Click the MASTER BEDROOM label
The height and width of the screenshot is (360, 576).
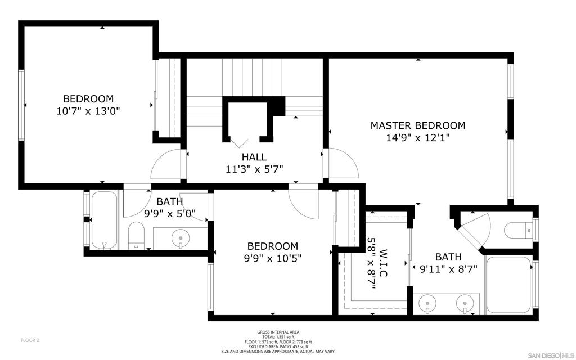(418, 125)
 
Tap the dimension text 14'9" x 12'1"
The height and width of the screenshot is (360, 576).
(418, 138)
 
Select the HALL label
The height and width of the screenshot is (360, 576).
(254, 157)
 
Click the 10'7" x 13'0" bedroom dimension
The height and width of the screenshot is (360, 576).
(88, 111)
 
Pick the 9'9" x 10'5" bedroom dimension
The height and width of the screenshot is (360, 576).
(273, 259)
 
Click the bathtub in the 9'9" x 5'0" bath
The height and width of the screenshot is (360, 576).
(104, 220)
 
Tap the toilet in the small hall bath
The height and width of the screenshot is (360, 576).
(136, 236)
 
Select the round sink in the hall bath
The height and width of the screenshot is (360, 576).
(180, 237)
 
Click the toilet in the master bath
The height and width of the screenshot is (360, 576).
(518, 230)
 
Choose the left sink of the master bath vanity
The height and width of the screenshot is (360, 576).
(427, 304)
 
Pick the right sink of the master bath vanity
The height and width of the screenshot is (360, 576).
(465, 304)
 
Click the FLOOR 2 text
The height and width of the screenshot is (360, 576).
(30, 340)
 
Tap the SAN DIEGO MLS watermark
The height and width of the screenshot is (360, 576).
(551, 355)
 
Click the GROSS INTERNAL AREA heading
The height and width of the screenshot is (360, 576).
(278, 332)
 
